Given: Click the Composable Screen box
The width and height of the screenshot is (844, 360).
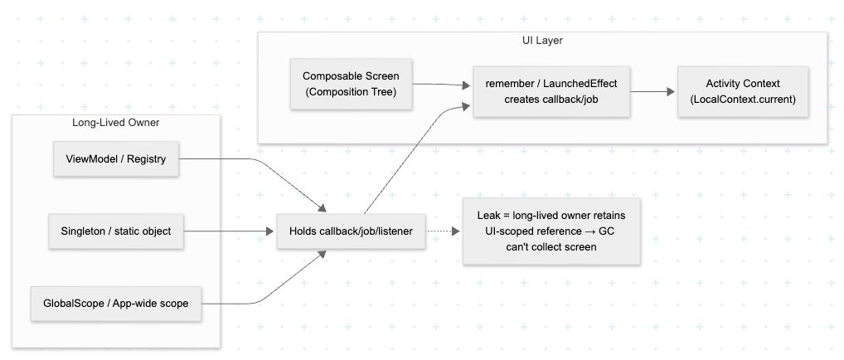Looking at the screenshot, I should pyautogui.click(x=352, y=84).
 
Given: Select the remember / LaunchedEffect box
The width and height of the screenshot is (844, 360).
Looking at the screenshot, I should pyautogui.click(x=551, y=91).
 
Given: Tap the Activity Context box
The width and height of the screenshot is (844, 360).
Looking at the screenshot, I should pyautogui.click(x=742, y=91).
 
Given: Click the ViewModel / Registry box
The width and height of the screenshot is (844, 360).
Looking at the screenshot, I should pyautogui.click(x=115, y=159).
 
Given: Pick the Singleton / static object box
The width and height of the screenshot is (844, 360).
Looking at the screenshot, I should pyautogui.click(x=115, y=231).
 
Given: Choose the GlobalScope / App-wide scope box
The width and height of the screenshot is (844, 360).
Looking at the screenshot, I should pyautogui.click(x=115, y=303).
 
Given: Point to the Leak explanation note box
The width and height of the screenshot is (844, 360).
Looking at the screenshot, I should pyautogui.click(x=551, y=231).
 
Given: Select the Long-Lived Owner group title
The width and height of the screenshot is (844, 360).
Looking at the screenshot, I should pyautogui.click(x=115, y=124).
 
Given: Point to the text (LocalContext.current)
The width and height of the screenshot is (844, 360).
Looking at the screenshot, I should pyautogui.click(x=742, y=99).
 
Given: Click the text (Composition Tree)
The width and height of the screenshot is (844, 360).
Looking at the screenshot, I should pyautogui.click(x=352, y=91).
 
